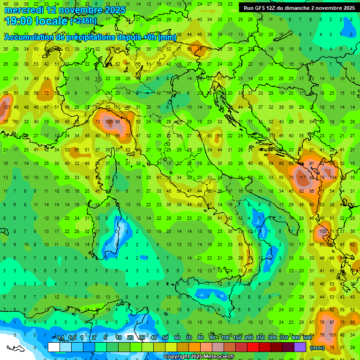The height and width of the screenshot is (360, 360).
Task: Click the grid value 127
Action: (6, 107)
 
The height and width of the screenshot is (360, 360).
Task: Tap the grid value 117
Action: (302, 178)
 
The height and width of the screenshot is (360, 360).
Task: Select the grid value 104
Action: (333, 178)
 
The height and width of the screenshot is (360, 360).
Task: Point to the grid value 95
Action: (118, 121)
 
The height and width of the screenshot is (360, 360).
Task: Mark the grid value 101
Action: (333, 335)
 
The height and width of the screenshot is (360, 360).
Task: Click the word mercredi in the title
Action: (24, 10)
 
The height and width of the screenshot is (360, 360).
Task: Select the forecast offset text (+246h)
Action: (83, 21)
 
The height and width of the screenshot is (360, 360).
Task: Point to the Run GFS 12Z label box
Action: (299, 8)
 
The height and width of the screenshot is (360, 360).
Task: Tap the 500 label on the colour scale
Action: (307, 338)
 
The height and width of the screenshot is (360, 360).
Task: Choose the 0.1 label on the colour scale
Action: (60, 338)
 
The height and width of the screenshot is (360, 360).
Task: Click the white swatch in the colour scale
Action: (53, 347)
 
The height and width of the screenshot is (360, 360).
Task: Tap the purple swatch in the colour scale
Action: (300, 347)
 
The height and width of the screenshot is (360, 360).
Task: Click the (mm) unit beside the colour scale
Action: (317, 348)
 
